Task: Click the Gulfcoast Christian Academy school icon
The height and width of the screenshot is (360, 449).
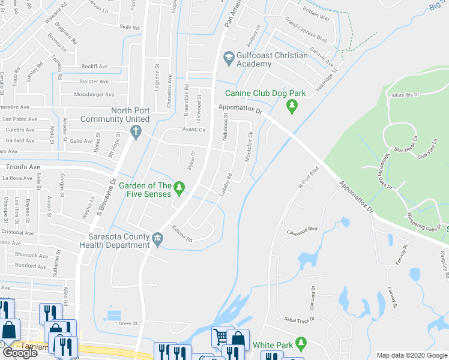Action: tap(228, 58)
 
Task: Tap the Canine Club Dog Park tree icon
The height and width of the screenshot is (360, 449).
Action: tap(292, 106)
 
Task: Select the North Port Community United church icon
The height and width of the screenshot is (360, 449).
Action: tap(136, 131)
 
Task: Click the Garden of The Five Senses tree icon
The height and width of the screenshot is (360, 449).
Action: tap(179, 190)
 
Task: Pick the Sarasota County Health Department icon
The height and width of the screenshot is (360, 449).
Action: tap(157, 238)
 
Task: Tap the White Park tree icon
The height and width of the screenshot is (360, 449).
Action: tap(301, 344)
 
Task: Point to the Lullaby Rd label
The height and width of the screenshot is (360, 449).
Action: tap(225, 184)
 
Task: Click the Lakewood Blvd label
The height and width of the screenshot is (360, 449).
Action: tap(301, 232)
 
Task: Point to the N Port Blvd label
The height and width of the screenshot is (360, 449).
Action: tap(307, 178)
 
